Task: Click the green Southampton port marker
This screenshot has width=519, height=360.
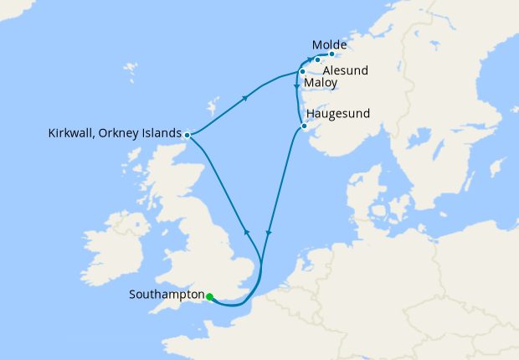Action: [209, 296]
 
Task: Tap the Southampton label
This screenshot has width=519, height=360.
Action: [167, 295]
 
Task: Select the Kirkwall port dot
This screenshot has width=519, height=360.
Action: [188, 134]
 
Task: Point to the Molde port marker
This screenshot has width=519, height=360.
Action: [332, 55]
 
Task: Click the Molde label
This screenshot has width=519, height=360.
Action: [329, 44]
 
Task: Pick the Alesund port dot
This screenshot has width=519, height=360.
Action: [318, 60]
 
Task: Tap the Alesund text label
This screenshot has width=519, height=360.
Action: [345, 70]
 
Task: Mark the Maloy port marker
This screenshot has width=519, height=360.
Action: [301, 72]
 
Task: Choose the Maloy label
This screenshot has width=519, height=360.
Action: [321, 85]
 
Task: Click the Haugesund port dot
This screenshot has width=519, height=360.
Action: [304, 126]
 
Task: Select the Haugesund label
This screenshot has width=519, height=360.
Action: [338, 113]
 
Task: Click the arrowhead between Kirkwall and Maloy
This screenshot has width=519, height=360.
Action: [245, 99]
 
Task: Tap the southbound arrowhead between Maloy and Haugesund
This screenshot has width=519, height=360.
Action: [296, 88]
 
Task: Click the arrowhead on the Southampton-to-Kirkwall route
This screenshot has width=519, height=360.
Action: [246, 231]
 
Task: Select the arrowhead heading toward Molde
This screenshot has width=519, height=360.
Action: [310, 60]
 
